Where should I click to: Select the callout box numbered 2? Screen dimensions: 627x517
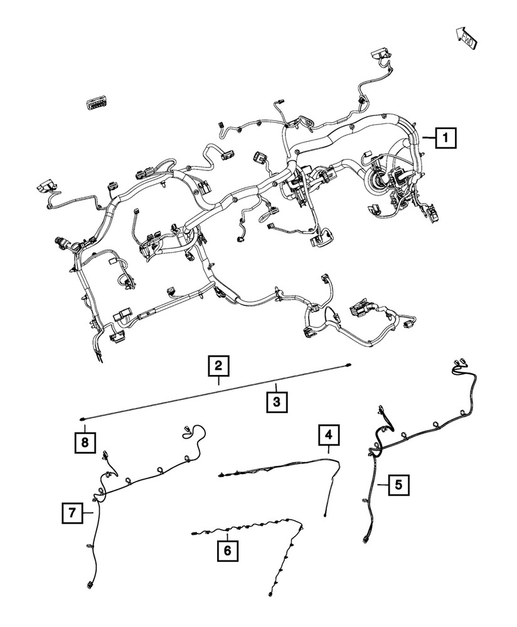click(219, 366)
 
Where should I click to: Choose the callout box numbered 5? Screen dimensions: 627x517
click(397, 485)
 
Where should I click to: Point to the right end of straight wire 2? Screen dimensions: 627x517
click(348, 364)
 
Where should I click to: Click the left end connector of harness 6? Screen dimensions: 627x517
click(195, 534)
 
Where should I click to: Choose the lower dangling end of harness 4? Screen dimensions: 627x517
click(324, 515)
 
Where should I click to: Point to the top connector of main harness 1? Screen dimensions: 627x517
click(380, 52)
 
